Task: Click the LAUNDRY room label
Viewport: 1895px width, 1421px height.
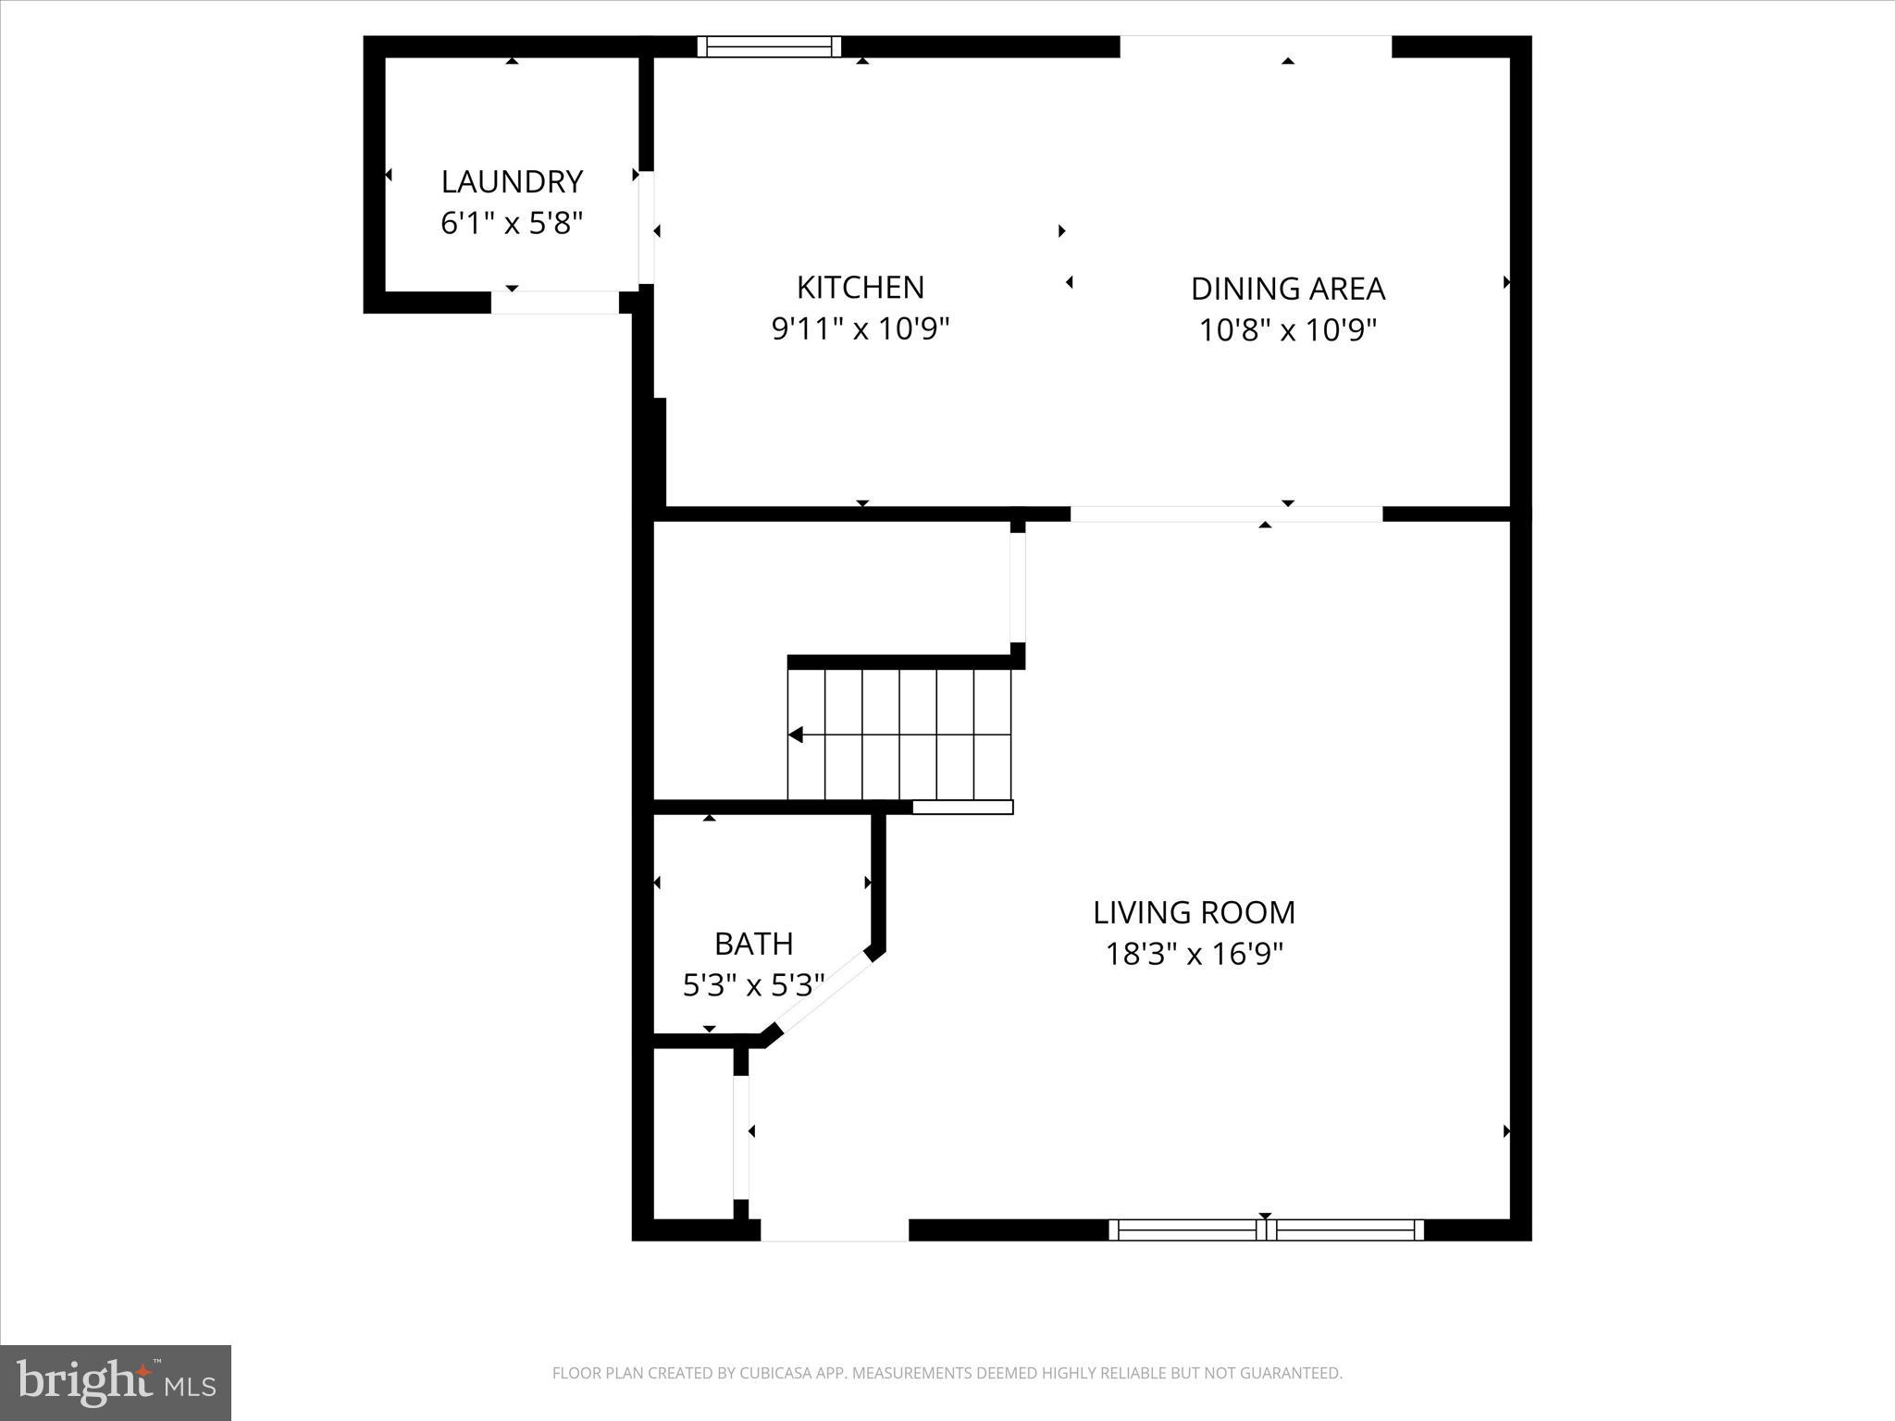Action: point(512,181)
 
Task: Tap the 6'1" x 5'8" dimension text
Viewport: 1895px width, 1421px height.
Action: point(512,223)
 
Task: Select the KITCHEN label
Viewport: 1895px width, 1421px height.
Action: point(861,288)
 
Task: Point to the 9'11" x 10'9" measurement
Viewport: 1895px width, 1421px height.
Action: point(861,328)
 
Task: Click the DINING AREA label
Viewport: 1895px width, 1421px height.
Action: point(1287,289)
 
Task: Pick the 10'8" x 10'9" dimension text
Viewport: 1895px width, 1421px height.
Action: point(1287,330)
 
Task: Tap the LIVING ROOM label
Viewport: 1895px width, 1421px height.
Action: point(1194,912)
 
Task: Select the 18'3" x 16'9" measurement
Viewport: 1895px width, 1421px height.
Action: point(1194,954)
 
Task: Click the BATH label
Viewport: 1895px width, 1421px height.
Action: point(753,944)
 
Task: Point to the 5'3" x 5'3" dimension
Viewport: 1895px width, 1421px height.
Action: point(753,985)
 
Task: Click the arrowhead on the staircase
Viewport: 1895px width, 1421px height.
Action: point(795,735)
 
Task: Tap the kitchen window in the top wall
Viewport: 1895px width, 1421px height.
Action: point(769,46)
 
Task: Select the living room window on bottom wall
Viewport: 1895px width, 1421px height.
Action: point(1266,1229)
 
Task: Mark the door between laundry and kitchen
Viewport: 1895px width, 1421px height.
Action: point(647,228)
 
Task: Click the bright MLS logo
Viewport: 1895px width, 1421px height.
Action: point(116,1382)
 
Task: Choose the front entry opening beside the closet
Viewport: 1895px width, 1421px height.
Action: point(834,1229)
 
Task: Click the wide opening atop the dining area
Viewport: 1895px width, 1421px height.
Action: point(1256,46)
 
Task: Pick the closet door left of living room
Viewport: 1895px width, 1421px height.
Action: point(741,1137)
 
